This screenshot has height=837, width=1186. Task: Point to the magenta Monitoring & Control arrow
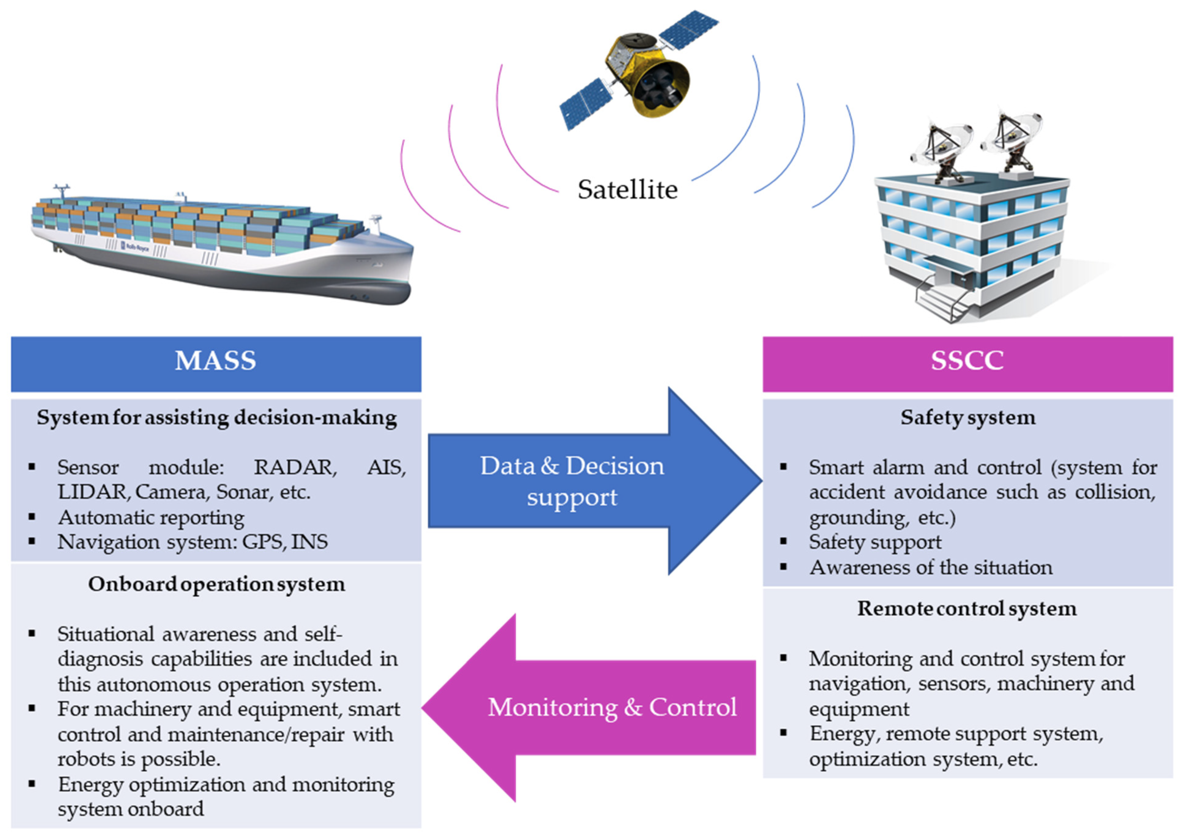[x=594, y=707]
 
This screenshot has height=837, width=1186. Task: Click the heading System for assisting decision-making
[x=216, y=418]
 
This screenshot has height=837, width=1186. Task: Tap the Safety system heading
[x=967, y=418]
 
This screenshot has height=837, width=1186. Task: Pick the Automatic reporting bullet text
[x=151, y=517]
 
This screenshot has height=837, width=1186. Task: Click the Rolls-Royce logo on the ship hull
[x=135, y=247]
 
